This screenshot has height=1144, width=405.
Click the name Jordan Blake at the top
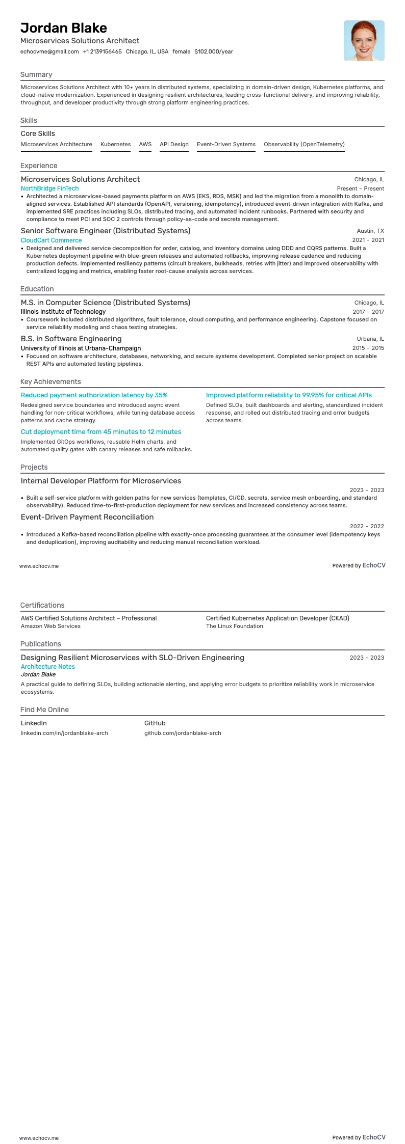coord(64,28)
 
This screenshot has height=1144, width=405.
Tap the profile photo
coord(364,41)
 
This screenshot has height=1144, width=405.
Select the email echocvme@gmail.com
coord(49,51)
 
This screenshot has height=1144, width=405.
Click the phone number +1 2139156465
coord(102,51)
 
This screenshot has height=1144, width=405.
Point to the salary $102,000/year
coord(213,51)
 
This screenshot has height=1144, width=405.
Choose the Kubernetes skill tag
coord(115,144)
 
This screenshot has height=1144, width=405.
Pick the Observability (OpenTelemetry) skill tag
coord(304,144)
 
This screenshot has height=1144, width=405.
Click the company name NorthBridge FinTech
coord(49,188)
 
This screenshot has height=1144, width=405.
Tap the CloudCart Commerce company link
coord(51,240)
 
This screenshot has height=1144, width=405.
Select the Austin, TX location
coord(370,231)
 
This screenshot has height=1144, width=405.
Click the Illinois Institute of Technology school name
coord(63,312)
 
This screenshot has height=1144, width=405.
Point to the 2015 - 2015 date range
coord(368,348)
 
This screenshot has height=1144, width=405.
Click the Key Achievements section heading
coord(50,382)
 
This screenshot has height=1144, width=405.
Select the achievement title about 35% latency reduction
coord(94,395)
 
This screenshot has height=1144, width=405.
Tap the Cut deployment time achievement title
coord(101,432)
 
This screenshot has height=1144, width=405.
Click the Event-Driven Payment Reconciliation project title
coord(87,517)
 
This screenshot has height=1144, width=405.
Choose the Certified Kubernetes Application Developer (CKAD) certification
coord(277,618)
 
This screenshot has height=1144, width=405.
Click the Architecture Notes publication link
coord(47,667)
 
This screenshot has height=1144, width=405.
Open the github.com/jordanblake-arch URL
coord(183,733)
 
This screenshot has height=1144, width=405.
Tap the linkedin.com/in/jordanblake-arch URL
coord(64,733)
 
